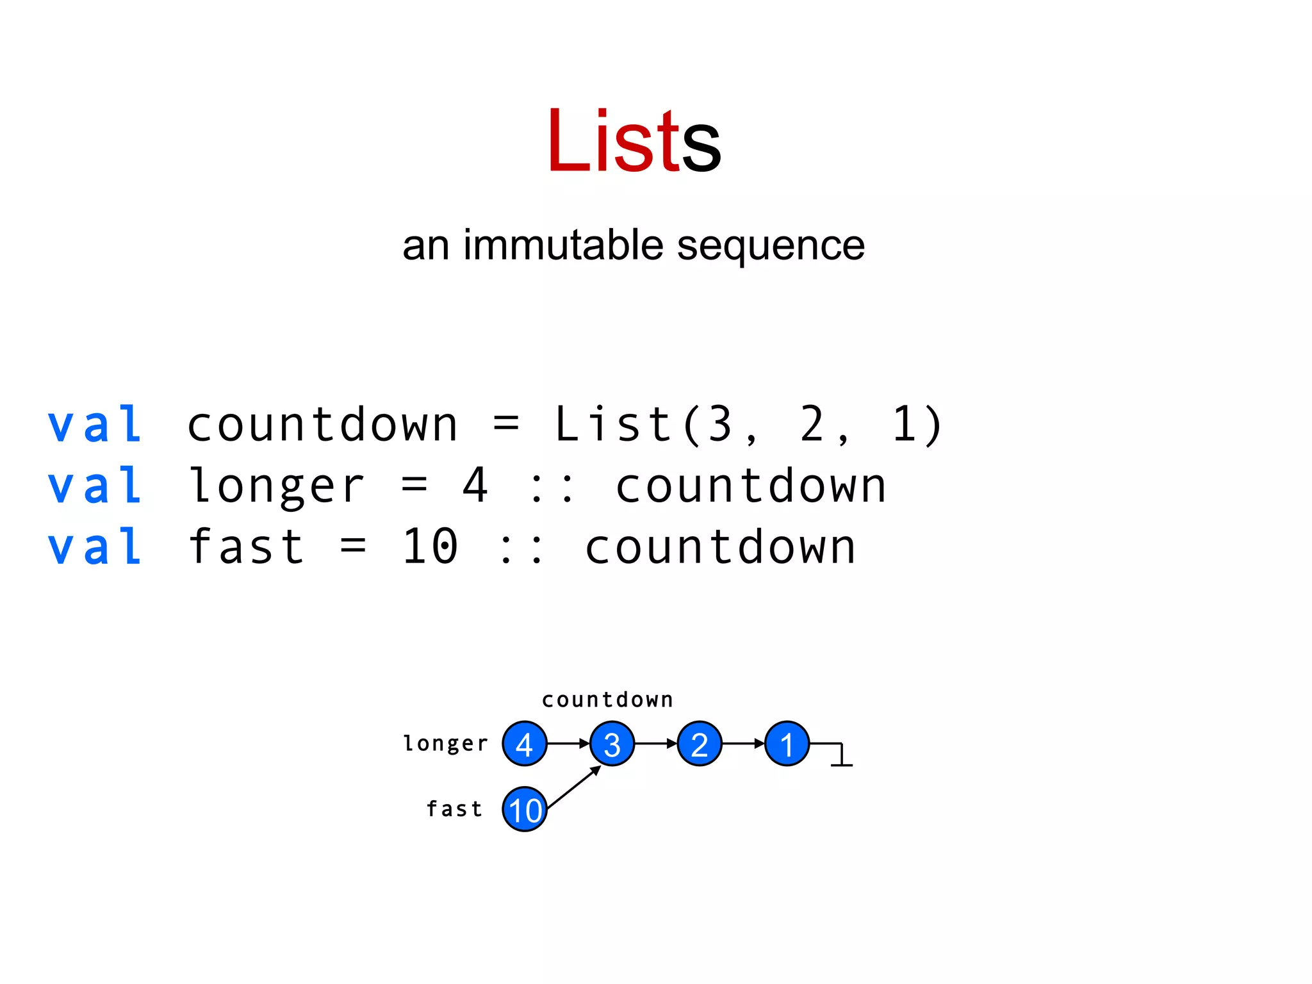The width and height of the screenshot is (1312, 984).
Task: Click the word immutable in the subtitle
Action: [563, 245]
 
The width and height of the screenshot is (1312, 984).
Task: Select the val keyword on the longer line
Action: [95, 486]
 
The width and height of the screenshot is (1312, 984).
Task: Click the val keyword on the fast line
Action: [95, 547]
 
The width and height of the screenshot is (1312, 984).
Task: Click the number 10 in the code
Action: [430, 547]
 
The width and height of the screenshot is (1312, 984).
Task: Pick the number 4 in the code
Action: [475, 486]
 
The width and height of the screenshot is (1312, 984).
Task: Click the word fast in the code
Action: [247, 547]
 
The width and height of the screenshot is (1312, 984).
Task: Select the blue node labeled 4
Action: [525, 744]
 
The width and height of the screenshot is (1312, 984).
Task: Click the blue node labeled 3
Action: [612, 744]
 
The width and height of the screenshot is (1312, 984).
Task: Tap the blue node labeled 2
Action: [700, 744]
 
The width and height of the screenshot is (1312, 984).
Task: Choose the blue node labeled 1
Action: [787, 744]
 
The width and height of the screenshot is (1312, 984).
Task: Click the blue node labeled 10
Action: [525, 809]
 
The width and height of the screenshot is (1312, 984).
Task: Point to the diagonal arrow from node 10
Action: [574, 787]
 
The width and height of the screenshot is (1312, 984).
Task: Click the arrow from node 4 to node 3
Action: [568, 744]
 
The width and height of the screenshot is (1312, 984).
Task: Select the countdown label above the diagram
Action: [607, 700]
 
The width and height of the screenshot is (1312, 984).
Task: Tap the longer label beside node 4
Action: [446, 744]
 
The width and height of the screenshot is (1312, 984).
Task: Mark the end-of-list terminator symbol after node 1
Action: [840, 756]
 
